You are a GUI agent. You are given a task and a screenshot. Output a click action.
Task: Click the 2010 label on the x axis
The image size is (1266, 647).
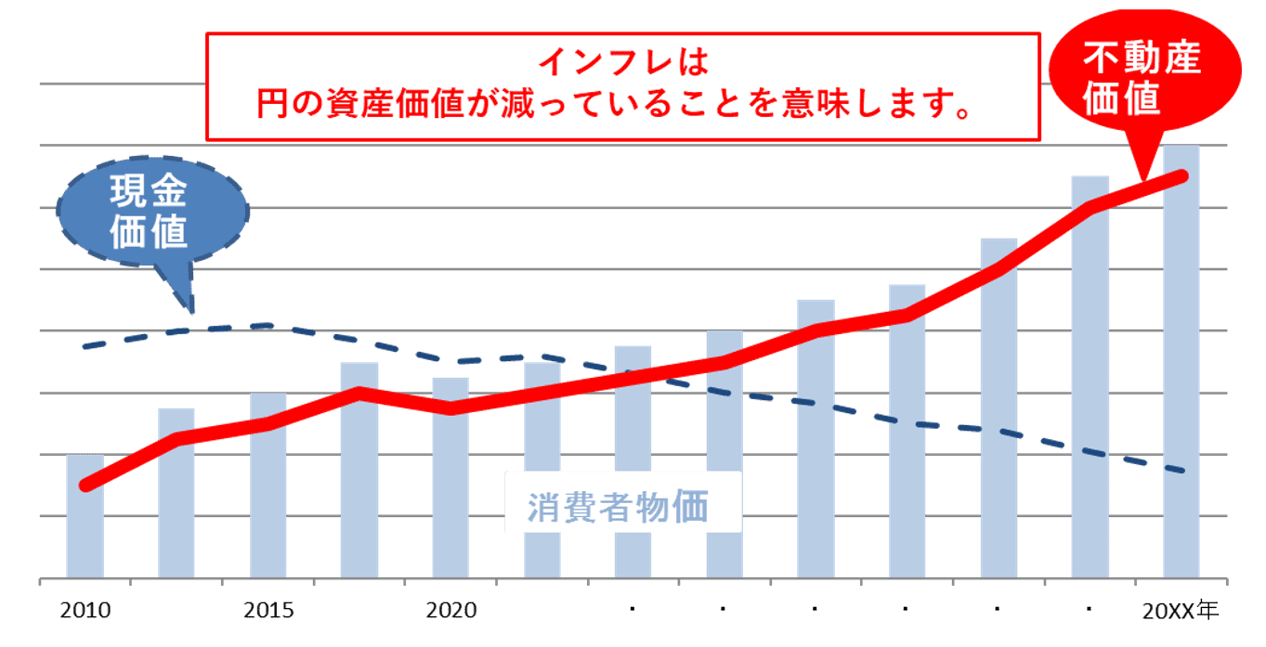pos(85,610)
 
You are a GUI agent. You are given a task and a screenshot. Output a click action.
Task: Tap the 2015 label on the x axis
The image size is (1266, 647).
pos(268,610)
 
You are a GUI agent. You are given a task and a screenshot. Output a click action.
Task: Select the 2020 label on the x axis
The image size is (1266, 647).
pos(451,610)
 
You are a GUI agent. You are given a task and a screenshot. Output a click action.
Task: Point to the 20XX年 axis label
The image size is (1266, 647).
pos(1180,610)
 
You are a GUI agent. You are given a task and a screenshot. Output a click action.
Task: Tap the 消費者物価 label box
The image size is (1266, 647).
pos(621,507)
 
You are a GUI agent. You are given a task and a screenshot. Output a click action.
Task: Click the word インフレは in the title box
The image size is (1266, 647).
pos(622,62)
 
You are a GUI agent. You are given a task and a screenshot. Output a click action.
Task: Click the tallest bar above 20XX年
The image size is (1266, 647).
pos(1181,371)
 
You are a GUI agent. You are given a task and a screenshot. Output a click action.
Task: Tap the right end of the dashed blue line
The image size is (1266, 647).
pos(1184,472)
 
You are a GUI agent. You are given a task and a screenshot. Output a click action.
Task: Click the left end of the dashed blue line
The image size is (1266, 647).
pos(85,346)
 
